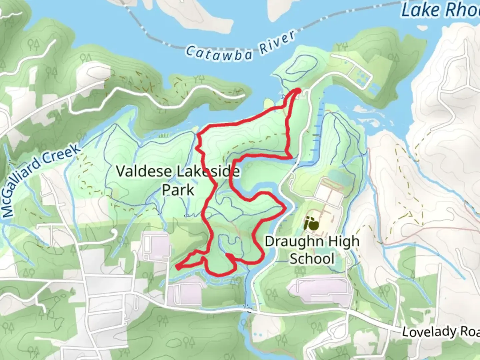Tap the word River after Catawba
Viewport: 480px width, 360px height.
click(278, 41)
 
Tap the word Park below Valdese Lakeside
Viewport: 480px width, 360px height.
click(178, 190)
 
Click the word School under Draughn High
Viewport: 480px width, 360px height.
click(312, 259)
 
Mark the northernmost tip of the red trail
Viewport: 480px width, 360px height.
click(298, 90)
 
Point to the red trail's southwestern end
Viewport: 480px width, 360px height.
click(178, 267)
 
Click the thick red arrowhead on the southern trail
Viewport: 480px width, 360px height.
click(229, 256)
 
